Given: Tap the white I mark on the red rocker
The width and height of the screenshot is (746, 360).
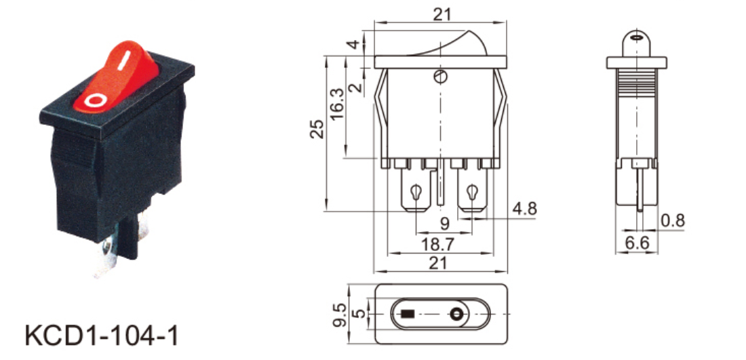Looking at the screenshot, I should click(123, 63).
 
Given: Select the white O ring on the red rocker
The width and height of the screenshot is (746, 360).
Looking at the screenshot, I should click(94, 102).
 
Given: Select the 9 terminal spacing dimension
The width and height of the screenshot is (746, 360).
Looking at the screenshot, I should click(444, 224).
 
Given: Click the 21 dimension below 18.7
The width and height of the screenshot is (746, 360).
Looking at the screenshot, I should click(441, 264).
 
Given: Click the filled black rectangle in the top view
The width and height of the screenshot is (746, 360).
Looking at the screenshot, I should click(408, 315).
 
